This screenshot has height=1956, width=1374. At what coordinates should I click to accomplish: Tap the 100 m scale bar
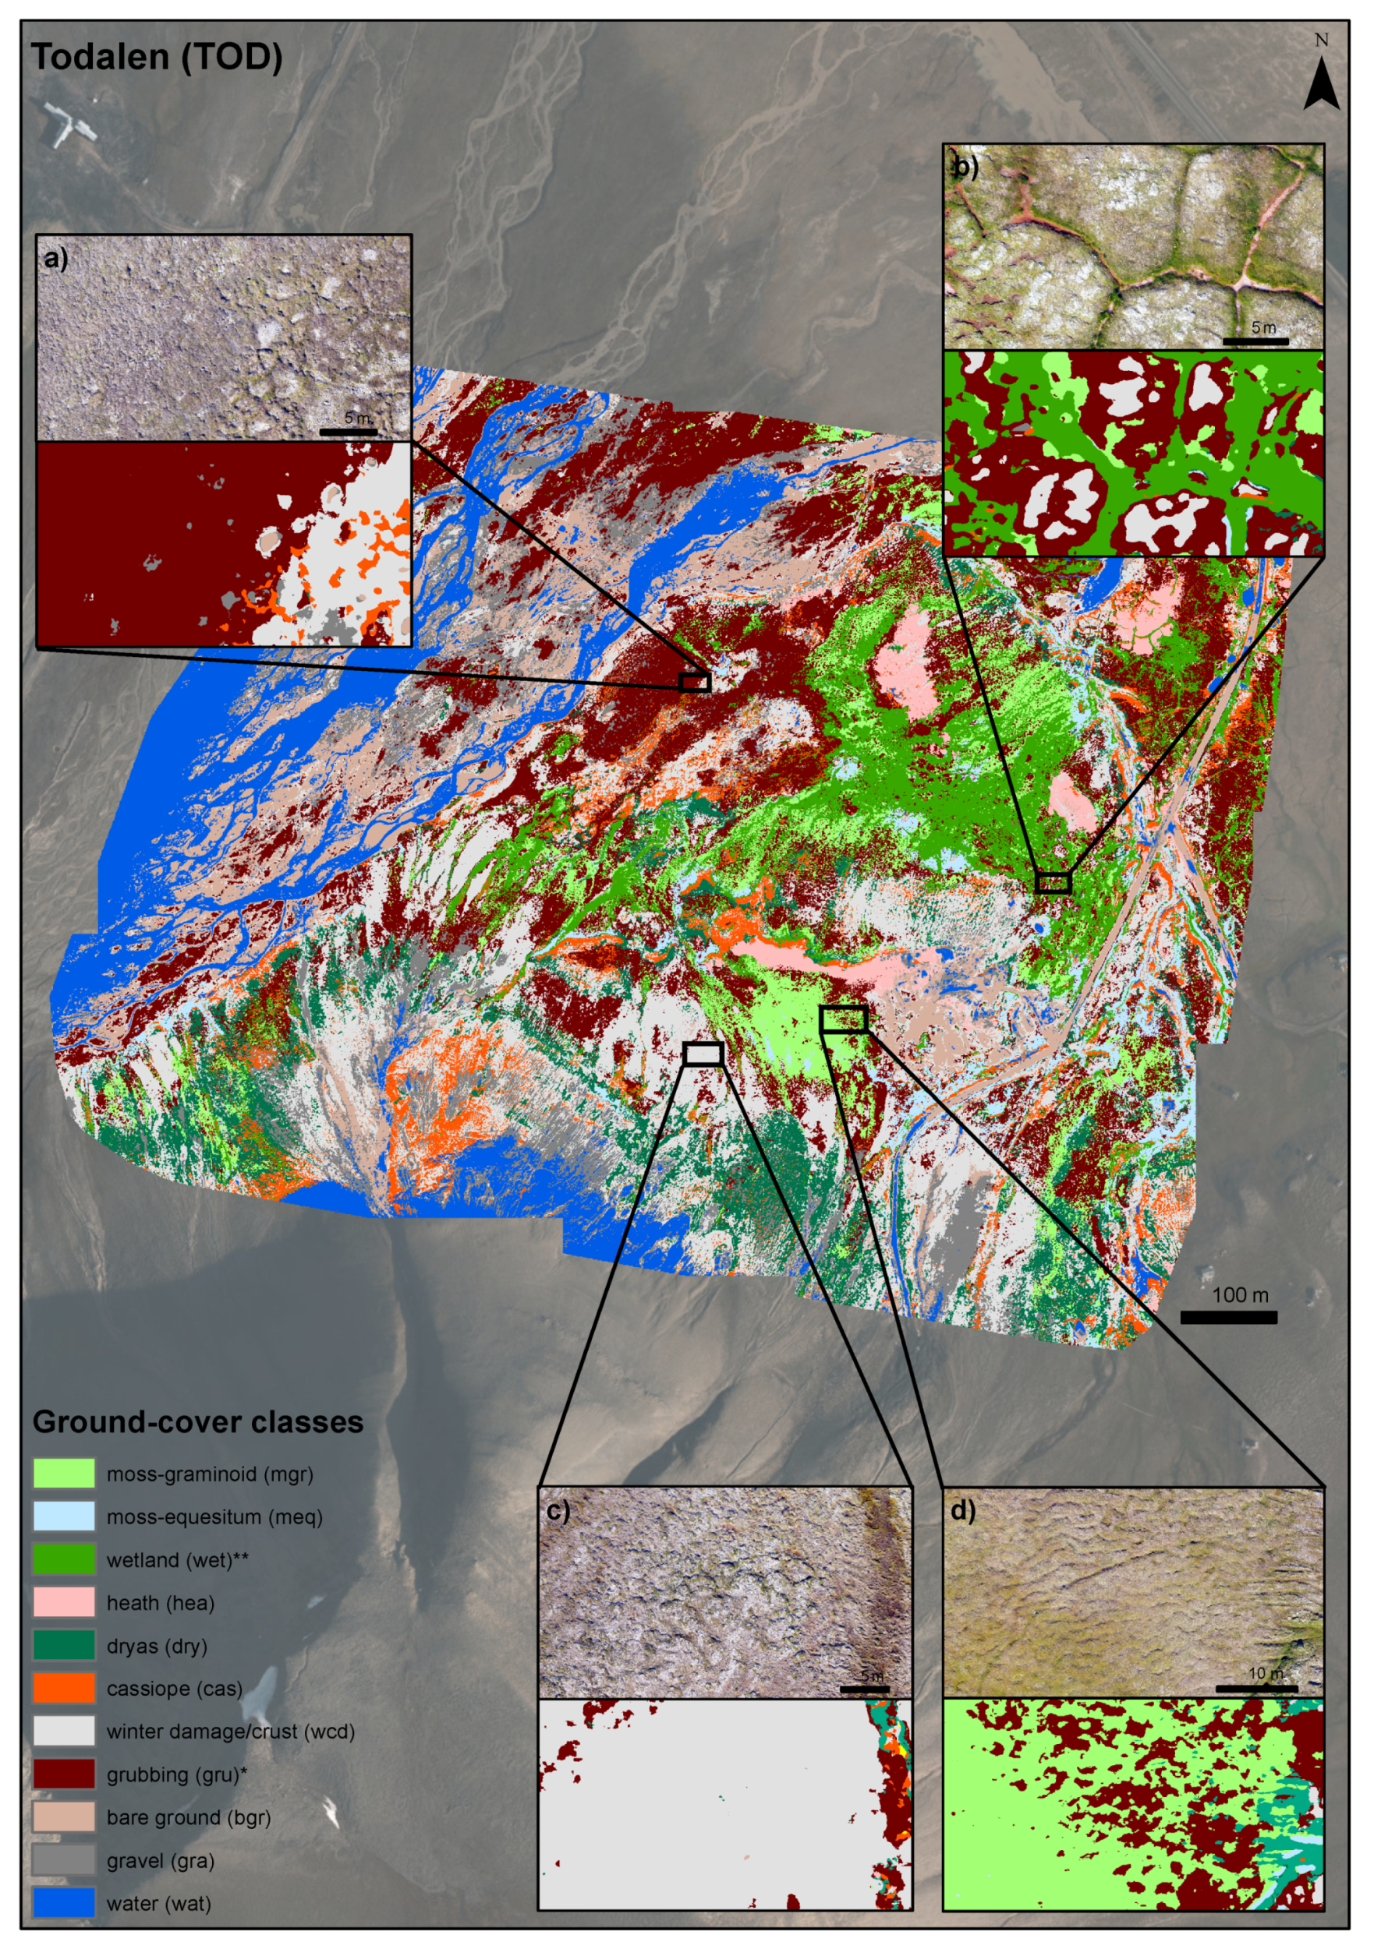[x=1228, y=1317]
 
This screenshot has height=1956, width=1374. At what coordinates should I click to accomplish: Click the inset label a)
[x=56, y=259]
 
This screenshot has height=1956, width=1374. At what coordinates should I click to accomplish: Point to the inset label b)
[x=965, y=167]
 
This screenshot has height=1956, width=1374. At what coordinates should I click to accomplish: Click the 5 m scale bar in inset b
[x=1255, y=341]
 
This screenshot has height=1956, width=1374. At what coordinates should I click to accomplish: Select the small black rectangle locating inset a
[x=696, y=682]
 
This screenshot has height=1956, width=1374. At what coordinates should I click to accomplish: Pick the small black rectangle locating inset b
[x=1053, y=883]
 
